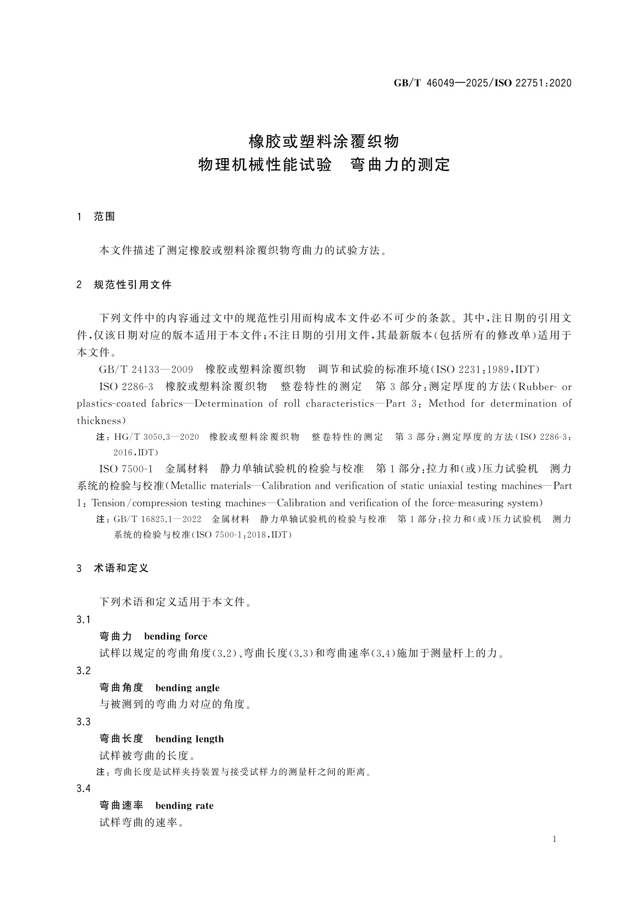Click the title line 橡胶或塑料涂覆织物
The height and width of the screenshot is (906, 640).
coord(323,141)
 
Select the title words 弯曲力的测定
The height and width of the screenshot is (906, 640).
coord(400,165)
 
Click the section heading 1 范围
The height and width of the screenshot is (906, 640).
coord(96,217)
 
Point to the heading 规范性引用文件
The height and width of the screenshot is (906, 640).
coord(132,285)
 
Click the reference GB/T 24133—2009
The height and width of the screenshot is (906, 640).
coord(146,369)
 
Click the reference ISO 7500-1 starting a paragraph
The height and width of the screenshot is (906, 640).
coord(126,469)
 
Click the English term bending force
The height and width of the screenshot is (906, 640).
coord(176,637)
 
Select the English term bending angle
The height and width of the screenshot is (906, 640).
coord(187,688)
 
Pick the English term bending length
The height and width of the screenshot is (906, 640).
coord(189,739)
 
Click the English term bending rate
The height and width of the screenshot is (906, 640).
coord(184,805)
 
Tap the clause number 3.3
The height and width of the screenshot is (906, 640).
coord(84,722)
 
